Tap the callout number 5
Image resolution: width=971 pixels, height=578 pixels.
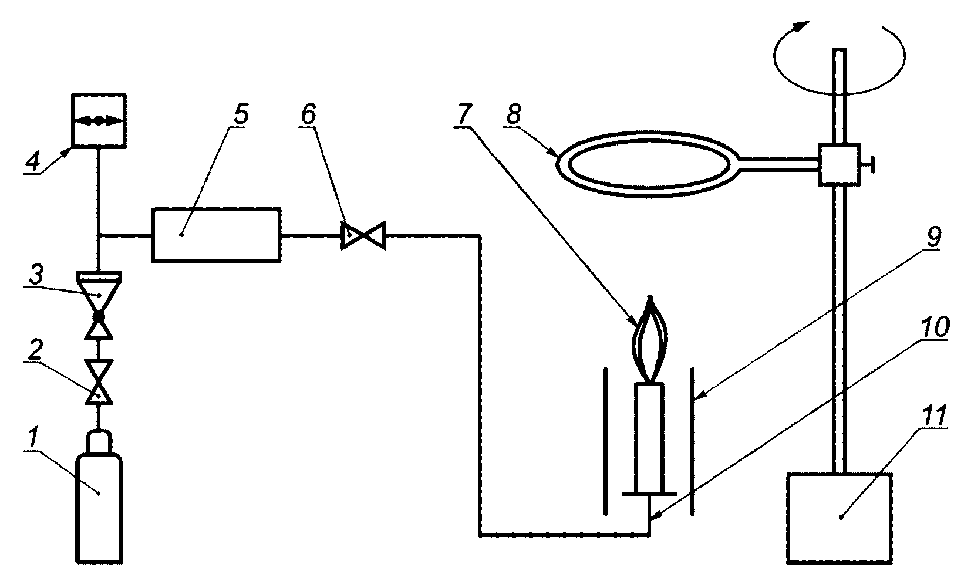241,113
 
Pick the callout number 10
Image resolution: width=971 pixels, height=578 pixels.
935,327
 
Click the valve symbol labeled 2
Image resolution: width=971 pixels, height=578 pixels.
99,382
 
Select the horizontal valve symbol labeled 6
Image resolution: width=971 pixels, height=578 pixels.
363,235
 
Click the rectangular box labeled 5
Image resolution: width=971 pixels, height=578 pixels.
216,235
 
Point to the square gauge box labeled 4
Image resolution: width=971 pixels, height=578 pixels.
99,120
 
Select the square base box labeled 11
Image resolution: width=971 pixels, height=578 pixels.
839,518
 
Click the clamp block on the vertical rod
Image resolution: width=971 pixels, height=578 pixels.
839,165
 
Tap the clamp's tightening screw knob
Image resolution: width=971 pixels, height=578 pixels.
868,165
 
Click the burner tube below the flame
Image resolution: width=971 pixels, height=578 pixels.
649,438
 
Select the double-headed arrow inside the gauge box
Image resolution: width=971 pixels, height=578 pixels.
99,121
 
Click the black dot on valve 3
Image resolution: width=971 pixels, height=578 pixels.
99,317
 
